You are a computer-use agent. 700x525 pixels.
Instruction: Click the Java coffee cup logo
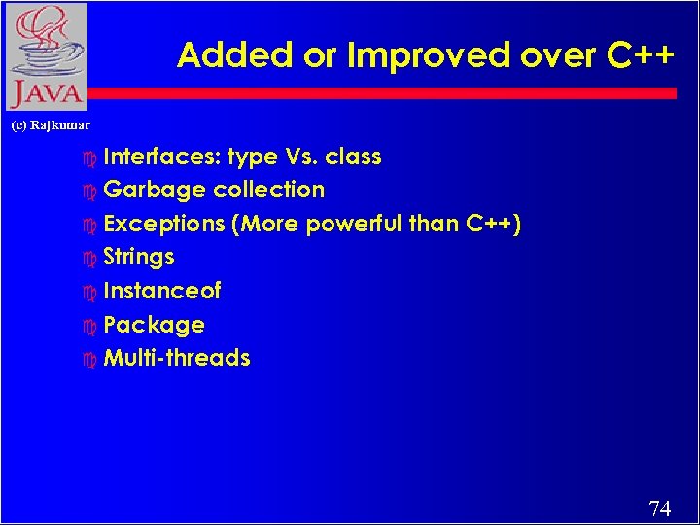click(x=45, y=56)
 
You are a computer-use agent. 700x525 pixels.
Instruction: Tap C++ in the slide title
click(x=641, y=56)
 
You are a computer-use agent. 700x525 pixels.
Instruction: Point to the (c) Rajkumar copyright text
click(x=50, y=125)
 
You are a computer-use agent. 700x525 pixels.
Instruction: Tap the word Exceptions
click(x=164, y=225)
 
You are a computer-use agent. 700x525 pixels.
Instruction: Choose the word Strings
click(x=139, y=258)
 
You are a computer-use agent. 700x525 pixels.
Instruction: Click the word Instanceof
click(x=162, y=291)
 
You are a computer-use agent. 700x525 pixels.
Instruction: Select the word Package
click(x=154, y=325)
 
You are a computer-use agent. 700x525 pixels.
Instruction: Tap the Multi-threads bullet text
click(x=177, y=358)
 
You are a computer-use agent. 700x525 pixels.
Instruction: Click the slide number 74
click(x=659, y=508)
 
